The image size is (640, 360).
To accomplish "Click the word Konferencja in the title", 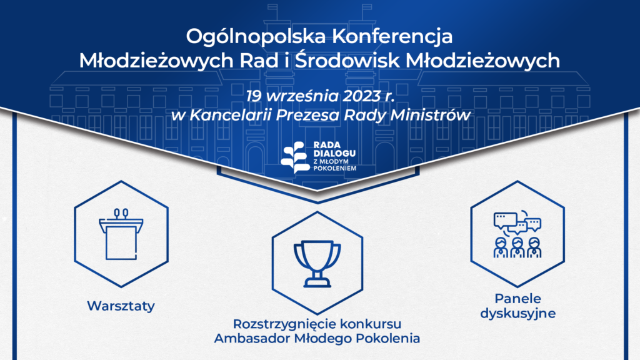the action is click(x=392, y=37).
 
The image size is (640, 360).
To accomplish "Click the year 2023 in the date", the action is click(x=361, y=96).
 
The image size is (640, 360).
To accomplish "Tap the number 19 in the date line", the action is click(x=254, y=96).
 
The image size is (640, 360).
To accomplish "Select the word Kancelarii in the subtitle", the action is click(x=231, y=115).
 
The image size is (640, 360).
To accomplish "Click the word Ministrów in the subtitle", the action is click(x=431, y=115).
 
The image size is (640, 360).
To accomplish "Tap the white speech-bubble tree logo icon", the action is click(x=294, y=157).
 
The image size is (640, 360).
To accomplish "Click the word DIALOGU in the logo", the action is click(x=334, y=154).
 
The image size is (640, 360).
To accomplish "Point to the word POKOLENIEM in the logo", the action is click(x=335, y=168).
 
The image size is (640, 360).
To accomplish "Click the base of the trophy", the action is click(x=317, y=282).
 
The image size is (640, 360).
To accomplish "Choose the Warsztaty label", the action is click(x=121, y=306).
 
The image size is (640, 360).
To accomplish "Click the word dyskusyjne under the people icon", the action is click(x=517, y=314).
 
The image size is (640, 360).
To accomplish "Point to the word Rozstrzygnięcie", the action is click(x=284, y=324).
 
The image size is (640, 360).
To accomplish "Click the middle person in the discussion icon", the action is click(x=517, y=247).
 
